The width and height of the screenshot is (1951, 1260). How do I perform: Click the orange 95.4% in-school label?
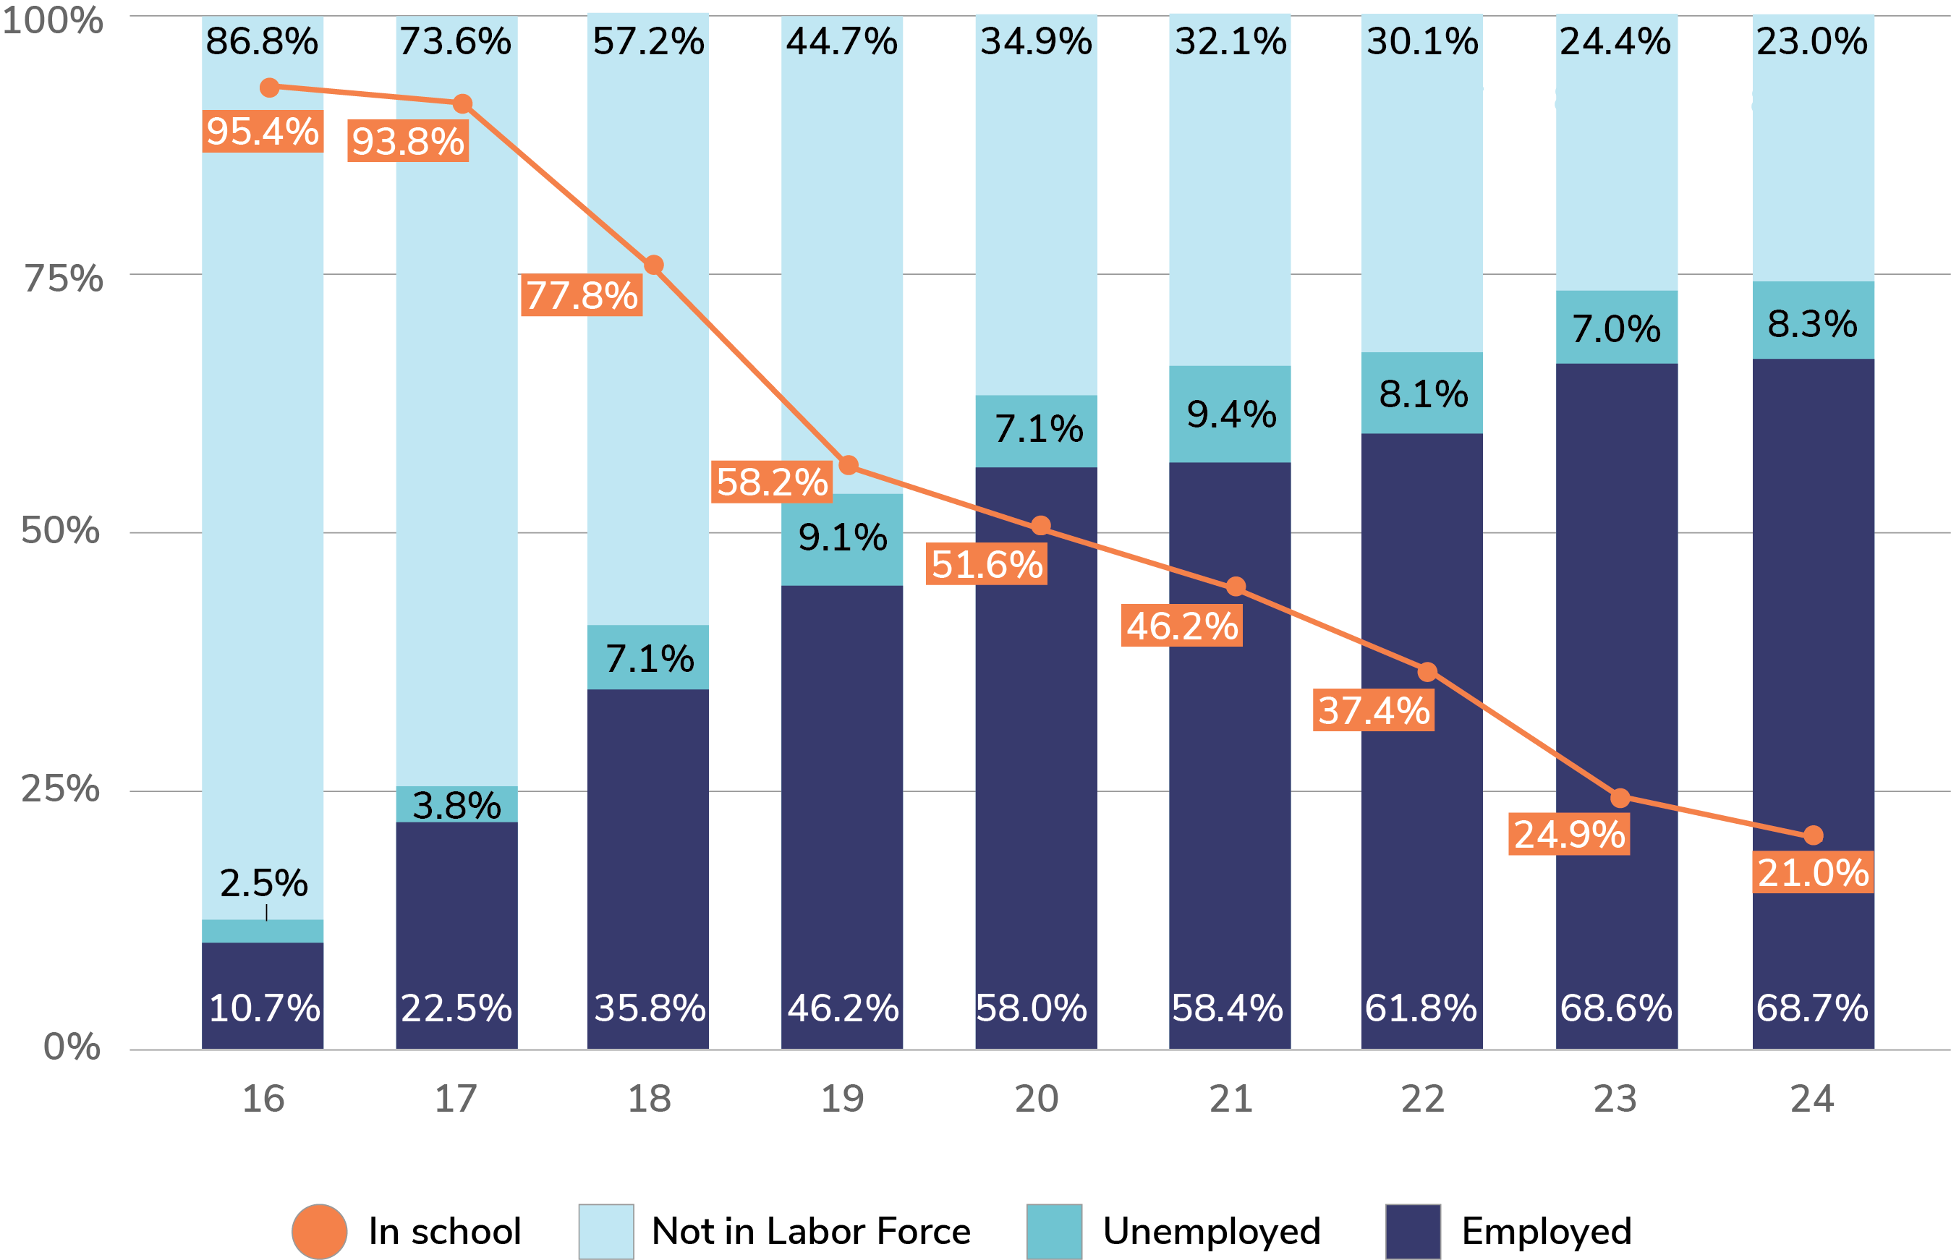263,132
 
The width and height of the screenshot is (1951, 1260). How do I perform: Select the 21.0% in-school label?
1813,872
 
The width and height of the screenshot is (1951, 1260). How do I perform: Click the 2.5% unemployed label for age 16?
263,883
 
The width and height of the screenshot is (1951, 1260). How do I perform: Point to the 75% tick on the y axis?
64,278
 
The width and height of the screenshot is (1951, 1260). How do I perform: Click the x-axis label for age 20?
1037,1098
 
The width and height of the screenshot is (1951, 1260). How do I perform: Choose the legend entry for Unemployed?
1211,1230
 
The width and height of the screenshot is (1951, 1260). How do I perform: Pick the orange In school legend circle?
319,1230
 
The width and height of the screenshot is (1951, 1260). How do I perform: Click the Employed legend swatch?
1413,1230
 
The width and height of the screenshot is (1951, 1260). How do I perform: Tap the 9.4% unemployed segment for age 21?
1230,414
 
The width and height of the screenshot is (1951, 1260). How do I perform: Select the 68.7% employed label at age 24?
1812,1008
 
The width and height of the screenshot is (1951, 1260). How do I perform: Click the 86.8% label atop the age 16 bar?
262,41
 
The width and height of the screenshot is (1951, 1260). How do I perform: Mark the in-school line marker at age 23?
1620,798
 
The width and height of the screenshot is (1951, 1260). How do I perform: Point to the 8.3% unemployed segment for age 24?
1812,323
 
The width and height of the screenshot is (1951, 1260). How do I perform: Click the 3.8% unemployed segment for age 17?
456,805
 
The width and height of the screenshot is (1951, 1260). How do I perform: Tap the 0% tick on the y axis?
72,1047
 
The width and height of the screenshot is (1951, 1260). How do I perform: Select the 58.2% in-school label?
772,482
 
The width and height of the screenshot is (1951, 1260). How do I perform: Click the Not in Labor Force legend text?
811,1230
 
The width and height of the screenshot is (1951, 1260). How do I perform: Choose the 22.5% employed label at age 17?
456,1008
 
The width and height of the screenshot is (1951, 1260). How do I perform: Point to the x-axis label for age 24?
1812,1098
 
